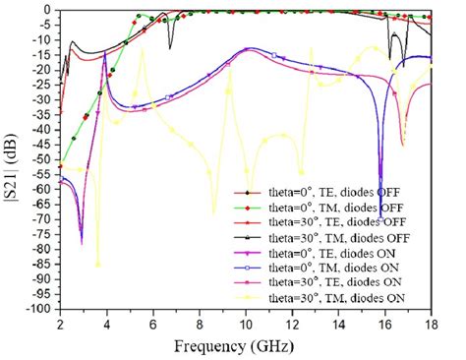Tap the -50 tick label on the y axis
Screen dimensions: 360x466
tap(42, 158)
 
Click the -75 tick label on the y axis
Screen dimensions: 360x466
tap(42, 233)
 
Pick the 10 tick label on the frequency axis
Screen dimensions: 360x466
tap(245, 323)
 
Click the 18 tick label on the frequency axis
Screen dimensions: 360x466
tap(430, 323)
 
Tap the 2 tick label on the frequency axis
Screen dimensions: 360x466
tap(60, 323)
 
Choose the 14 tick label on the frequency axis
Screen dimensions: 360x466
tap(337, 323)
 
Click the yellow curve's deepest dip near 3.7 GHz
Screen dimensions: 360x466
tap(97, 264)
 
